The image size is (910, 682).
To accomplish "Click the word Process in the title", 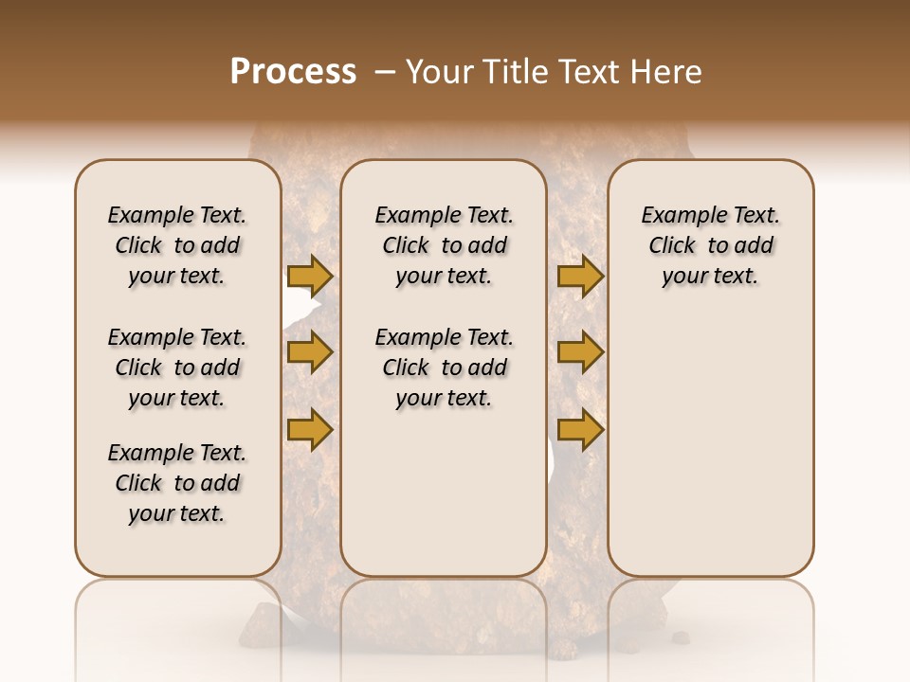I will (x=293, y=72).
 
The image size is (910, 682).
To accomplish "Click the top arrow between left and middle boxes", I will (x=310, y=276).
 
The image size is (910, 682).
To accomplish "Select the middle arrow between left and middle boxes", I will (x=310, y=353).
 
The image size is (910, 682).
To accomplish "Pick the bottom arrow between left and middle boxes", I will (x=310, y=430).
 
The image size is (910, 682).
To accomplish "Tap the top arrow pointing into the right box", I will (x=580, y=276).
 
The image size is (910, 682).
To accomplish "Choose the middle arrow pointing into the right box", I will (x=580, y=353).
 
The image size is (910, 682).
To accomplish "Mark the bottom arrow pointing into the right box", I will (x=580, y=430).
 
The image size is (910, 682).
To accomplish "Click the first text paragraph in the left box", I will (x=177, y=245).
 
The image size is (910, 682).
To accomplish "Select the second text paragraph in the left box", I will (x=177, y=368).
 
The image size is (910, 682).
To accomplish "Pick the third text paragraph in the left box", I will (x=177, y=483).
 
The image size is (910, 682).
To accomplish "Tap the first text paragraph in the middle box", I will (x=444, y=245).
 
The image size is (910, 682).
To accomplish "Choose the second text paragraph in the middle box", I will (x=444, y=368).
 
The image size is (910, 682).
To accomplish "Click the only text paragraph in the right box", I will (x=710, y=245).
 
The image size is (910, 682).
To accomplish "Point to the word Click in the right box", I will (x=672, y=246).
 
